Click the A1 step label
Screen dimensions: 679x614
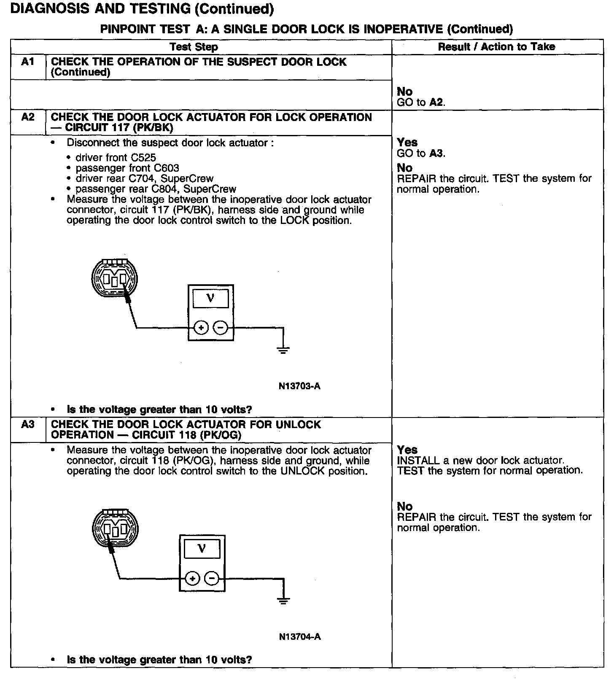(27, 62)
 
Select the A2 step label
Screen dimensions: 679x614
(27, 117)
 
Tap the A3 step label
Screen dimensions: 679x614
(27, 424)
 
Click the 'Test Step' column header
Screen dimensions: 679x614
(194, 47)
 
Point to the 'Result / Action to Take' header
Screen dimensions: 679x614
(496, 47)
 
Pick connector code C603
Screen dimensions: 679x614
(166, 168)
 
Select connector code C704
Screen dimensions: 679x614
(142, 179)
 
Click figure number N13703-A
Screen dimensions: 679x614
(299, 386)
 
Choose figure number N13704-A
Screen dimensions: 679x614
(300, 636)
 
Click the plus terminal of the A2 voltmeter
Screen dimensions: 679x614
(201, 327)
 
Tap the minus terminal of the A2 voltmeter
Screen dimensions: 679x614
(220, 327)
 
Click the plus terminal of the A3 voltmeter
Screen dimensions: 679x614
(192, 578)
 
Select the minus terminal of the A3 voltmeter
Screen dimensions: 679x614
(212, 578)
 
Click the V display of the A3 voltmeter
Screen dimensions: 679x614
(202, 549)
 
